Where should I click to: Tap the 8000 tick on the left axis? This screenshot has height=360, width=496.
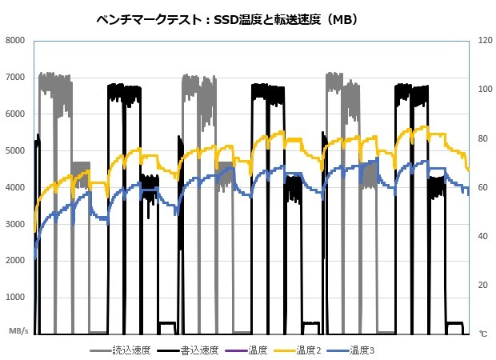click(x=15, y=40)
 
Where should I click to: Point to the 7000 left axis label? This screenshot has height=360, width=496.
click(x=15, y=77)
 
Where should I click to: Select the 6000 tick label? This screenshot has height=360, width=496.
click(x=15, y=114)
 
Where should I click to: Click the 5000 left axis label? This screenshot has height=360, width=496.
click(x=15, y=150)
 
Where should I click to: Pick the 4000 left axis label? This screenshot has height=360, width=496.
click(x=15, y=187)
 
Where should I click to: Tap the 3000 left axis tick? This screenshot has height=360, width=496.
click(x=15, y=224)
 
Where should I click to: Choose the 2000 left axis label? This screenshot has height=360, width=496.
click(x=15, y=261)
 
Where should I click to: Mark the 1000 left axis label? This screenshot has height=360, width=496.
click(x=15, y=298)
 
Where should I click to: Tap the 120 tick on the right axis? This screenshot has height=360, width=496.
click(x=485, y=40)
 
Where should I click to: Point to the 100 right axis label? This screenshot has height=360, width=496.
click(x=485, y=89)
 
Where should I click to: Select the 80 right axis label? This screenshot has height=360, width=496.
click(x=483, y=138)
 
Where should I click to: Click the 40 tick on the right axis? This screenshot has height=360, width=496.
click(x=483, y=236)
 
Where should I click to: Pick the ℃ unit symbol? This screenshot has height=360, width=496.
click(x=482, y=331)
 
